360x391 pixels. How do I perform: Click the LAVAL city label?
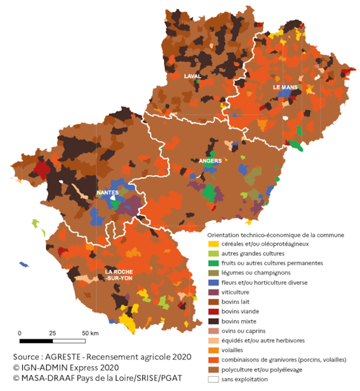193,76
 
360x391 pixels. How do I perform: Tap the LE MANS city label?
285,87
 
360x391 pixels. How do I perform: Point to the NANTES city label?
107,193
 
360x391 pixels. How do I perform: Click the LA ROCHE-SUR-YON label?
123,274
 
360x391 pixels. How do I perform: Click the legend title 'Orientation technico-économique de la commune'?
275,234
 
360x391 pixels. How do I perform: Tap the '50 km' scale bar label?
91,333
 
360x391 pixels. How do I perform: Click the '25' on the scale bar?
52,333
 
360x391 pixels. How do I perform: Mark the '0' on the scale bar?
20,333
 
